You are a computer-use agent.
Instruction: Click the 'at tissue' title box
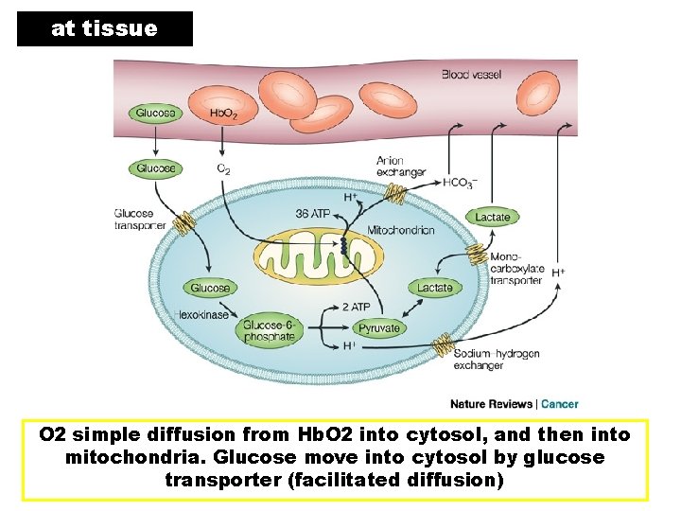point(104,28)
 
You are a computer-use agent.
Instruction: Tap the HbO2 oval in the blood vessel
point(224,113)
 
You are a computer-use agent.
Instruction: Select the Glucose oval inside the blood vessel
point(155,113)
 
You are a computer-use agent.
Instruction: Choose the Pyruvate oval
point(378,328)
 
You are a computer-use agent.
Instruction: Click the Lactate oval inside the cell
point(435,287)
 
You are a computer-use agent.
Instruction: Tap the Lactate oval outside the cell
point(492,217)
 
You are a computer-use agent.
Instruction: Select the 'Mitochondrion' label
point(400,230)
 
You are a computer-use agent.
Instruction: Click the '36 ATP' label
point(313,215)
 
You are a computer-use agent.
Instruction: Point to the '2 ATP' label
point(356,307)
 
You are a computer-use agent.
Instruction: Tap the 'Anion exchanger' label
point(401,167)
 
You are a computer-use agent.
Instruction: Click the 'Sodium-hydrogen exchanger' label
point(497,360)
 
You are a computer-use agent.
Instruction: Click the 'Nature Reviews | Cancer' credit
point(514,404)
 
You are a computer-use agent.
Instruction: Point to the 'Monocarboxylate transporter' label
point(516,268)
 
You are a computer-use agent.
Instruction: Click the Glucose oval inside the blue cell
point(210,288)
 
